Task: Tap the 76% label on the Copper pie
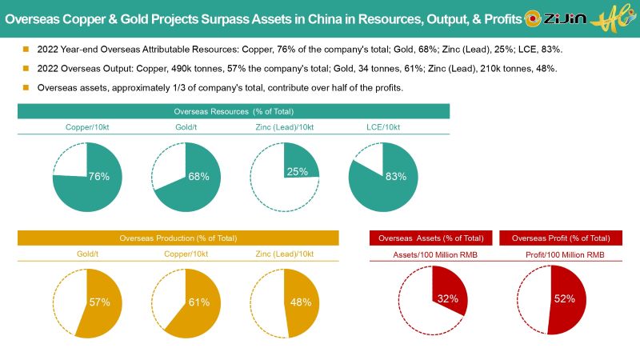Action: click(98, 177)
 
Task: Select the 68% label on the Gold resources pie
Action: click(198, 177)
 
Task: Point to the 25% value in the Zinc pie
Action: click(297, 171)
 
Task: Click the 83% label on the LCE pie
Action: click(395, 177)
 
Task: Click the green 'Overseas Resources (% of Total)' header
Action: click(234, 111)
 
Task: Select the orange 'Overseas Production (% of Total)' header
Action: click(178, 238)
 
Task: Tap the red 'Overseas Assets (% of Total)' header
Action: click(430, 238)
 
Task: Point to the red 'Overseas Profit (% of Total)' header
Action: click(560, 238)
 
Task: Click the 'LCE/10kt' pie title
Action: click(383, 127)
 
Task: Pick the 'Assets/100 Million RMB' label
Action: click(430, 254)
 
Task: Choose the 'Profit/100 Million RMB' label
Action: click(560, 254)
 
